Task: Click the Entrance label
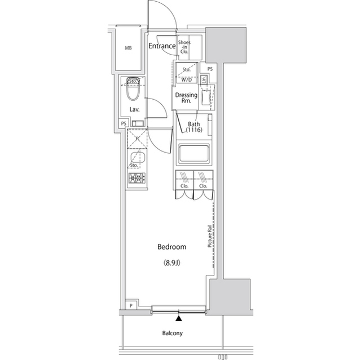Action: [162, 46]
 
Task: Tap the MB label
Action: [129, 47]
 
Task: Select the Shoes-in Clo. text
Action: [184, 47]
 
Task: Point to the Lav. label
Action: [134, 109]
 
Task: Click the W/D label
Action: [186, 79]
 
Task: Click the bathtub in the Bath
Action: [193, 154]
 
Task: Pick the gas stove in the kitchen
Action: [137, 179]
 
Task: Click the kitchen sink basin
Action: [136, 158]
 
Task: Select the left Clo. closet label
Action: [184, 185]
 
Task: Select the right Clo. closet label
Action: [202, 185]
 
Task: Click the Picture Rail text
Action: [209, 235]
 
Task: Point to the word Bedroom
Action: [173, 247]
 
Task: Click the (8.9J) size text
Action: [173, 263]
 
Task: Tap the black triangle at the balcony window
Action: [179, 319]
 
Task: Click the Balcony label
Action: [173, 333]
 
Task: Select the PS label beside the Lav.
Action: [123, 124]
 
